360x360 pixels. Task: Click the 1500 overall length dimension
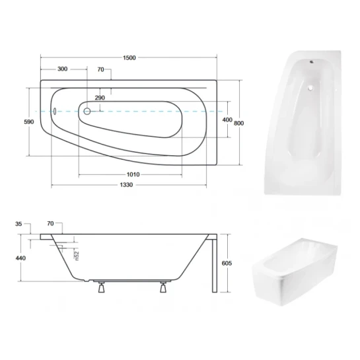(x=129, y=57)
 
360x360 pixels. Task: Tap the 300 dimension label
(x=63, y=69)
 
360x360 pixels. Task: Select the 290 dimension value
(x=100, y=98)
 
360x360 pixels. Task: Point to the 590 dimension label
(x=29, y=122)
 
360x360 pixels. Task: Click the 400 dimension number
(x=227, y=120)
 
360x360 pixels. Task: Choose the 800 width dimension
(x=238, y=124)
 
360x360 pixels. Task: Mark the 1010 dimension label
(x=133, y=174)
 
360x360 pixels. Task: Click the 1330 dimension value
(x=126, y=185)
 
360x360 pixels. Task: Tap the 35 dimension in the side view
(x=18, y=224)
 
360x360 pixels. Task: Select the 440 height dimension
(x=20, y=258)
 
